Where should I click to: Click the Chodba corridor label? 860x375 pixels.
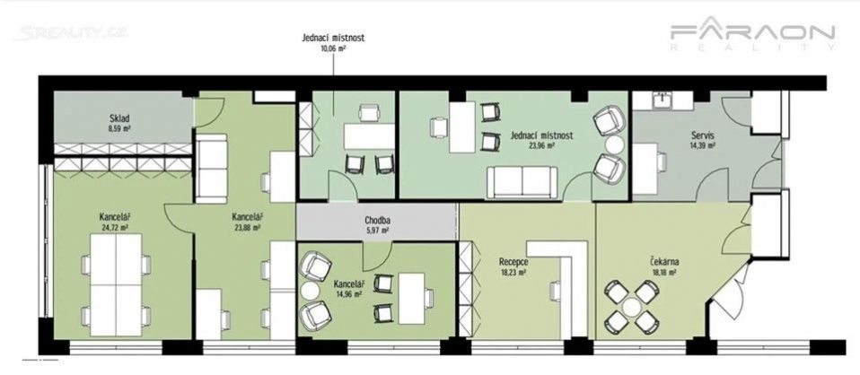click(x=377, y=222)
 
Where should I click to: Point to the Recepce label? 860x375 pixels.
click(x=513, y=262)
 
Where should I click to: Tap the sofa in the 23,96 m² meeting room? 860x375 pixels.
click(x=522, y=182)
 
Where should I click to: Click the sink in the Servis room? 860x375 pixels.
click(x=663, y=100)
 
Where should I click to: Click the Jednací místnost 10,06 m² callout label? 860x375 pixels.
click(x=333, y=41)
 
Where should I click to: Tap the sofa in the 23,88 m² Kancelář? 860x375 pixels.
click(x=212, y=169)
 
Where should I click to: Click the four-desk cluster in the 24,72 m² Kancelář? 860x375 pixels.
click(x=116, y=285)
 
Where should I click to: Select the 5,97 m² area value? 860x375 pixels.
click(x=377, y=231)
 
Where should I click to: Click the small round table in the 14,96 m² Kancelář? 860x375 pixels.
click(x=311, y=291)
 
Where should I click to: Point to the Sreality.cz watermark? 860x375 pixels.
click(x=71, y=32)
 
